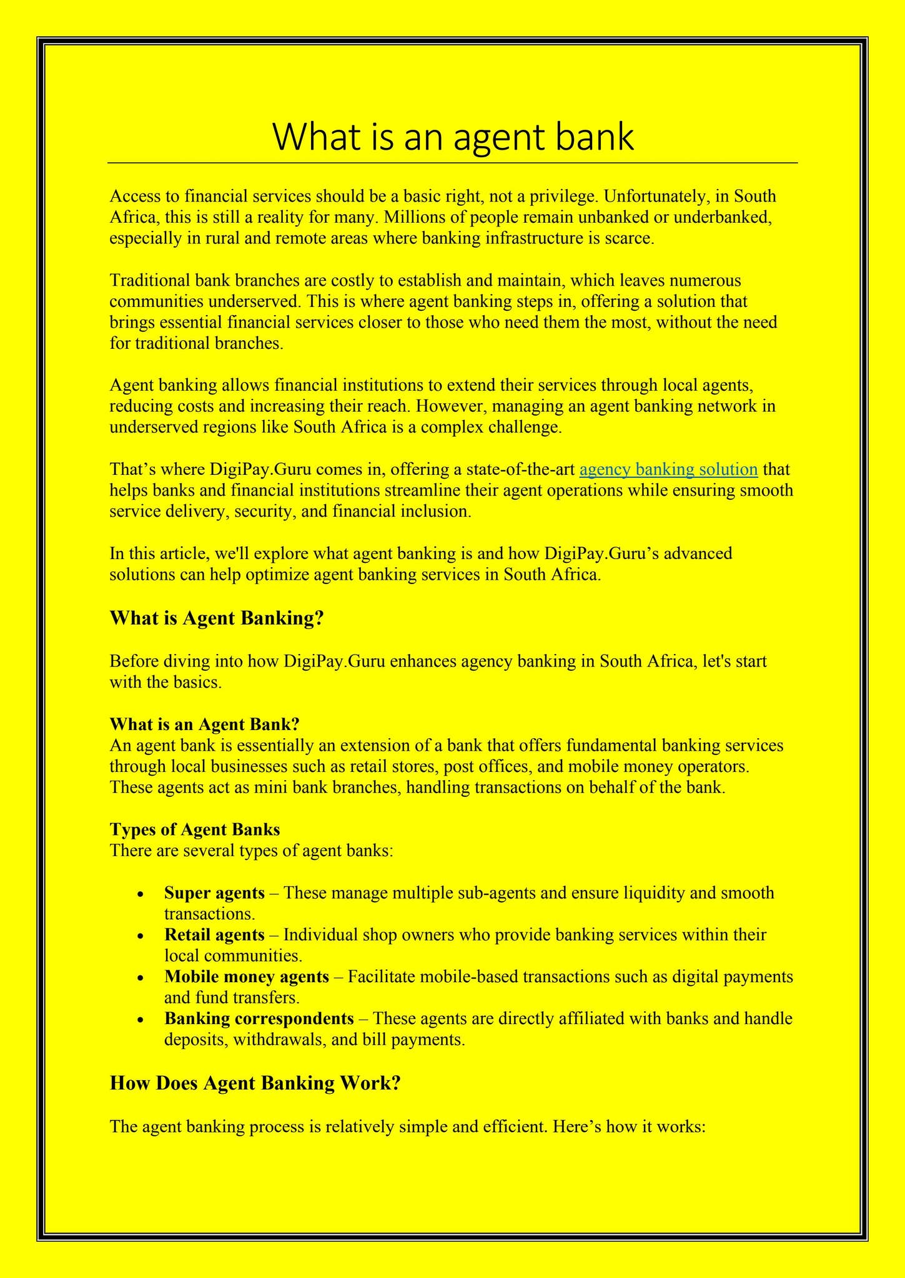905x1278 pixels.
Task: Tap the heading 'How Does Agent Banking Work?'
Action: point(254,1083)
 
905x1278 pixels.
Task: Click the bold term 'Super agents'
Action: point(214,893)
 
